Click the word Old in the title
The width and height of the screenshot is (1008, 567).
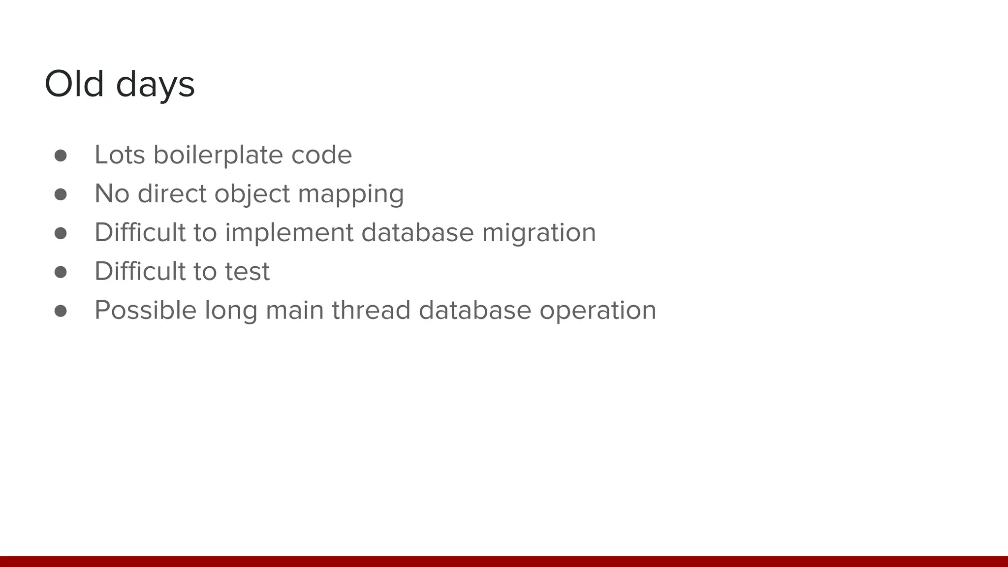[x=74, y=84]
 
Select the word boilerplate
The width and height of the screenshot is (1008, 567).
[x=218, y=155]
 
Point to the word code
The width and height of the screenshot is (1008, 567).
[x=321, y=155]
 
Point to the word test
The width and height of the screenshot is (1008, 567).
[x=247, y=271]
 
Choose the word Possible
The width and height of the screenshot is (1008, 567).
[x=145, y=310]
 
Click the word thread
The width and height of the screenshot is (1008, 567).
[x=371, y=310]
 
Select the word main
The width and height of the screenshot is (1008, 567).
[x=294, y=310]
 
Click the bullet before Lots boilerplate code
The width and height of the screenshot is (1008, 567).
[x=61, y=156]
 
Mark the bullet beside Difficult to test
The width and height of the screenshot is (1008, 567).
[x=61, y=272]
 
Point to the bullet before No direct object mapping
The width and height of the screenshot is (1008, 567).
[x=61, y=194]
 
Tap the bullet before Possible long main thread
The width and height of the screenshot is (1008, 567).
[x=61, y=311]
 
